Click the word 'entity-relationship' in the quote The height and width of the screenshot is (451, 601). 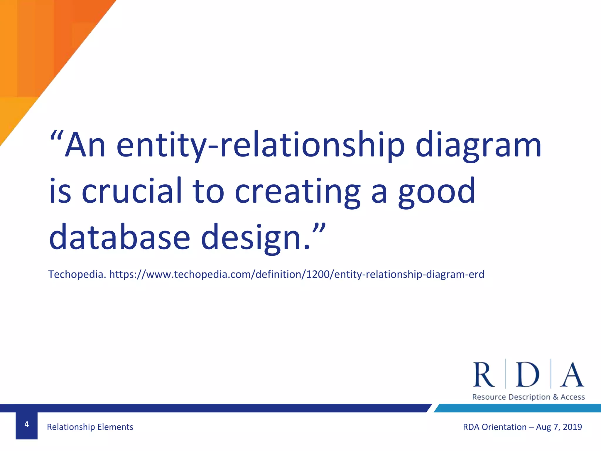point(261,145)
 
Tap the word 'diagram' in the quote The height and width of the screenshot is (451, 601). point(478,145)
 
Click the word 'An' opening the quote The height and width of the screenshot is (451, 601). point(85,145)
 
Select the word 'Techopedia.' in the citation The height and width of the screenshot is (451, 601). point(77,275)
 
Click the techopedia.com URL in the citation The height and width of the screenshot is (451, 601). point(297,275)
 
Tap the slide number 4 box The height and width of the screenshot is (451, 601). point(26,425)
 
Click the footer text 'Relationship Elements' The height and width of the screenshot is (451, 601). point(90,427)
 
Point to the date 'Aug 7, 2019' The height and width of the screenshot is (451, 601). point(559,427)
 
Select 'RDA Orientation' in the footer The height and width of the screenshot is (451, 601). point(494,427)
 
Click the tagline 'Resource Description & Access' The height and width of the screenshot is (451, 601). point(528,397)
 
